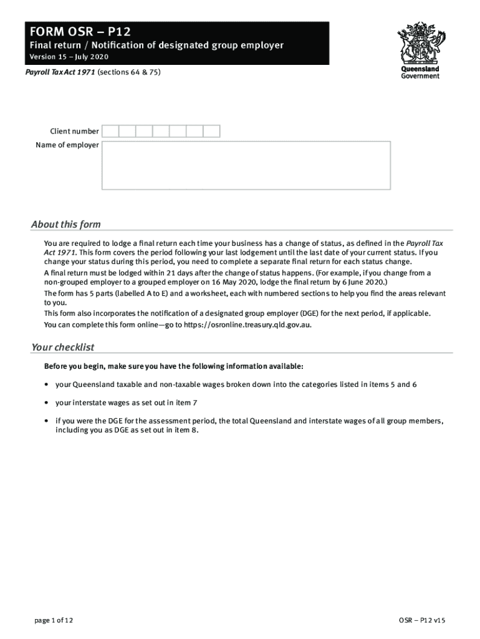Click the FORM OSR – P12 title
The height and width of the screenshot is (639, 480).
(x=78, y=31)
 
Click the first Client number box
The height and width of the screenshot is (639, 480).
(x=110, y=131)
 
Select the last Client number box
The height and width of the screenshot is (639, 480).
(x=212, y=131)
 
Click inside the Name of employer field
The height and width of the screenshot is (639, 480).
(x=246, y=165)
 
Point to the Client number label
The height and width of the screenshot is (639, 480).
(x=74, y=131)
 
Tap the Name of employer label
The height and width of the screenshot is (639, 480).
(x=67, y=145)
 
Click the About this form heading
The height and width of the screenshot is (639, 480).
(x=65, y=225)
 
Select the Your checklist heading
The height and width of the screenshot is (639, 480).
(x=62, y=348)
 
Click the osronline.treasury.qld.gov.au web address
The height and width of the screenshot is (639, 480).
(x=247, y=325)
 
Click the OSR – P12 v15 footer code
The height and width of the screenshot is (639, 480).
(x=422, y=620)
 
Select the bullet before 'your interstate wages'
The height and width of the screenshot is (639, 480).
(x=47, y=403)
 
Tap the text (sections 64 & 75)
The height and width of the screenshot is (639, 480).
(x=129, y=72)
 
